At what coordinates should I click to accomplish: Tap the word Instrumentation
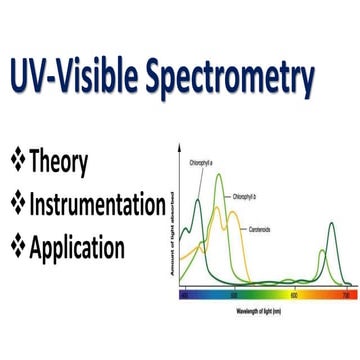(x=97, y=205)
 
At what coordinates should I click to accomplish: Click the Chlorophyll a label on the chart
(x=203, y=159)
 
